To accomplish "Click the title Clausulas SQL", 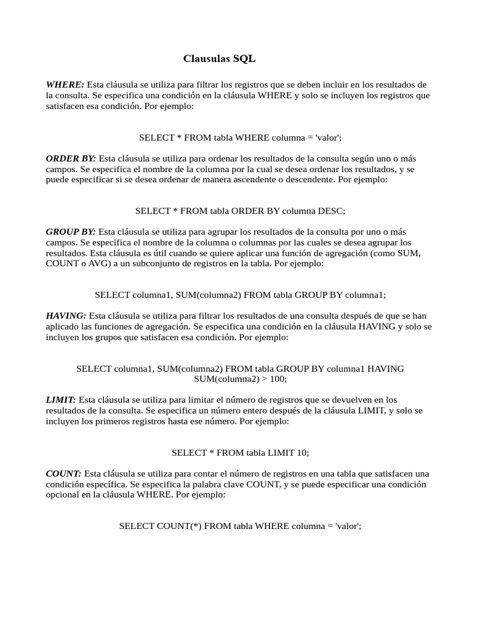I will point(219,59).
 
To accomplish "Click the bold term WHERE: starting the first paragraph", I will point(65,85).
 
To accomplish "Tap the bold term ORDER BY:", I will point(71,158).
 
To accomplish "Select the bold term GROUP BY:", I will point(71,232).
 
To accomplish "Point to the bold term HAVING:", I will point(66,316).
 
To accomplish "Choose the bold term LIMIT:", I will point(61,399).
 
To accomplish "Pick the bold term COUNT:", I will point(63,473).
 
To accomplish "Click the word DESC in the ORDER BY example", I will point(331,211).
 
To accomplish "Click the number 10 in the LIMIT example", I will point(303,452).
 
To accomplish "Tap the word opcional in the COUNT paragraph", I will point(64,495).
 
